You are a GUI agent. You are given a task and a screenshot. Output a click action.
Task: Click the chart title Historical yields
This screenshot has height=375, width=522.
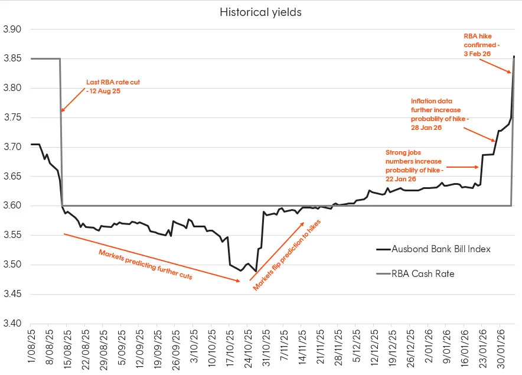260,12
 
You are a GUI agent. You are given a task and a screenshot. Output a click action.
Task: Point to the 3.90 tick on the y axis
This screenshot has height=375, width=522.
12,30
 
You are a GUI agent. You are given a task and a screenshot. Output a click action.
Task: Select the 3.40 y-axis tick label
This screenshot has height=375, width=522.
12,324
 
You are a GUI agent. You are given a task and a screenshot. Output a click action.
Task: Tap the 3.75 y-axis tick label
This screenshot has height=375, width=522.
12,118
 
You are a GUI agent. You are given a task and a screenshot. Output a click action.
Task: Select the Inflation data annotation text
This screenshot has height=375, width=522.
440,114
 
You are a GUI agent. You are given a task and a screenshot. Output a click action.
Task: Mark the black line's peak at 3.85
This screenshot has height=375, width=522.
514,57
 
